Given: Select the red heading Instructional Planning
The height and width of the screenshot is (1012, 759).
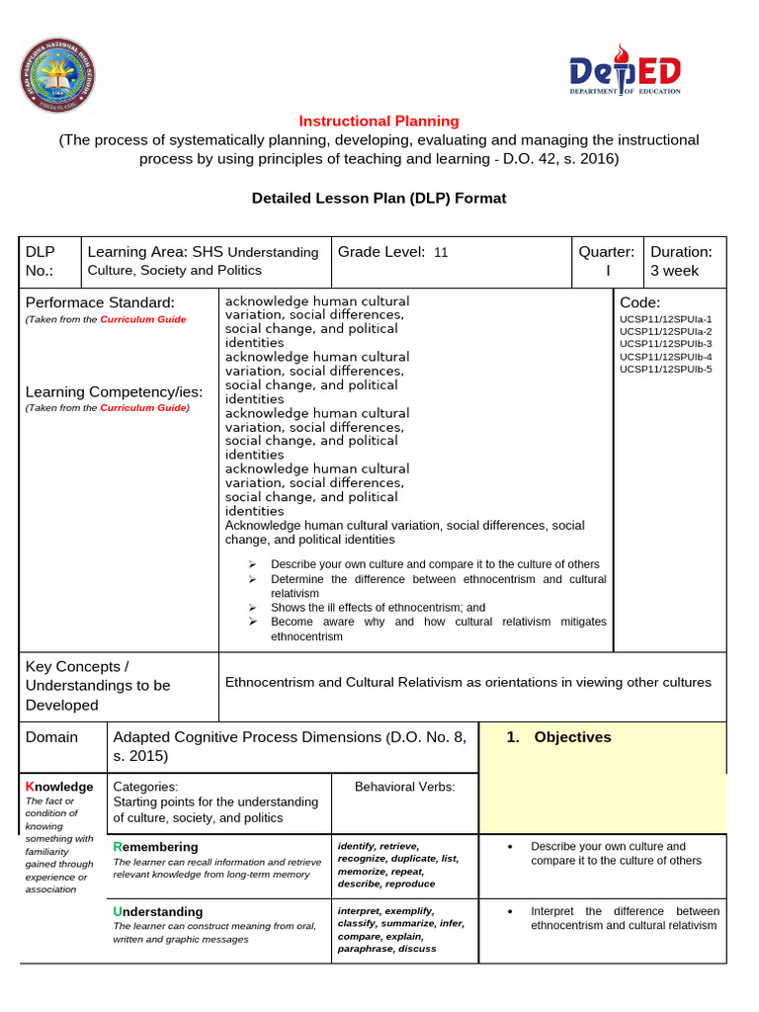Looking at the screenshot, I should click(379, 121).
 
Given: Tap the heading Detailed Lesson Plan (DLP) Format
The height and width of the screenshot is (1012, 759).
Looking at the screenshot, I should click(379, 198).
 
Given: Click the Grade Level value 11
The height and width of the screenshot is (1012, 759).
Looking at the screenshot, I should click(441, 252).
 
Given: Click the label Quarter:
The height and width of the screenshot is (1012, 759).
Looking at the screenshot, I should click(607, 252).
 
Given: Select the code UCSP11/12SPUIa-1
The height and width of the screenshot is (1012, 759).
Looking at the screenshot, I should click(665, 320).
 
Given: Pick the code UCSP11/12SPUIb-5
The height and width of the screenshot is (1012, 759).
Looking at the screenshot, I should click(665, 369).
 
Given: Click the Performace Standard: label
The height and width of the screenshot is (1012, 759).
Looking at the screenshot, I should click(100, 301).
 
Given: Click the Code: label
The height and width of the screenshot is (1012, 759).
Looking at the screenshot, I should click(640, 301).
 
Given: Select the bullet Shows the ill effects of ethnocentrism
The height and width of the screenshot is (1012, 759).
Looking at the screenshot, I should click(378, 608).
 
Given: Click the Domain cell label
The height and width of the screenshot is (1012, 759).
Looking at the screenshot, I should click(51, 737).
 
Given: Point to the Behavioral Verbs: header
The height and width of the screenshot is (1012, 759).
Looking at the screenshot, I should click(404, 787).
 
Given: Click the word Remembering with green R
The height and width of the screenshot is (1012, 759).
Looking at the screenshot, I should click(156, 847).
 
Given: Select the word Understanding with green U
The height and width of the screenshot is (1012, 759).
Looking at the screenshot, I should click(158, 911).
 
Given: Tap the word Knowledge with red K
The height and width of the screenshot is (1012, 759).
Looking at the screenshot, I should click(59, 787).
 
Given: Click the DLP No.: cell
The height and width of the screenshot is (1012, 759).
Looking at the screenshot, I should click(43, 261).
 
